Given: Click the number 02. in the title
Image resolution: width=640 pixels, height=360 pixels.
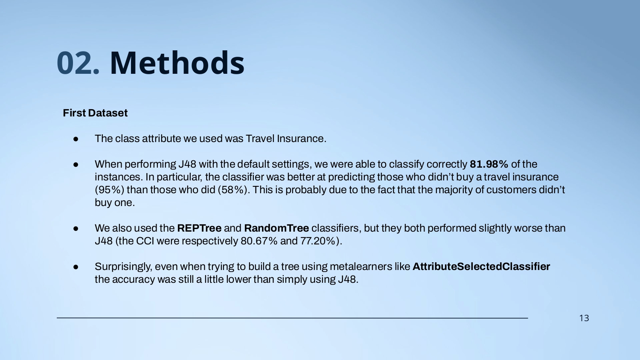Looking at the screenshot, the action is point(78,63).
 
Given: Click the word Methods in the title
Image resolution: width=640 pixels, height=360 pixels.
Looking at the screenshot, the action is point(177,63).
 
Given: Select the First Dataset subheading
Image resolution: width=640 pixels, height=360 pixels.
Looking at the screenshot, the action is point(95,113).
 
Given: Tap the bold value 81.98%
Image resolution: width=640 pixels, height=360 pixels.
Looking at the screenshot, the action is point(489,164).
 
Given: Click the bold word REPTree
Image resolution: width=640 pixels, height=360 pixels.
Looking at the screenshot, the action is point(199,228).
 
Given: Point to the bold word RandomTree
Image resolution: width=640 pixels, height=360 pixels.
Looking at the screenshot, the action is point(276,228).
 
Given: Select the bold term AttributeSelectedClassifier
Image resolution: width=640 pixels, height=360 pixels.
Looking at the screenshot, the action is point(481,267).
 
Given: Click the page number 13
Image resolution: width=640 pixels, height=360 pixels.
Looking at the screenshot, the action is point(584,318).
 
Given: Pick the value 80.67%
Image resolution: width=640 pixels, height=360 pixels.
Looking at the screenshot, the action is point(259,241).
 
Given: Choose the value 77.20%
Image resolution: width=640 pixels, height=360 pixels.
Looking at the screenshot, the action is point(318,241).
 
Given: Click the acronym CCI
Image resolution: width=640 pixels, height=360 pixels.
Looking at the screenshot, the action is point(145,241).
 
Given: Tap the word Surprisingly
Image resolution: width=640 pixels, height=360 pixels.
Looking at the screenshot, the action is point(125,267).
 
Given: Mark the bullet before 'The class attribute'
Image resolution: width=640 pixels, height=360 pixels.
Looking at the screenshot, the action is point(76,139).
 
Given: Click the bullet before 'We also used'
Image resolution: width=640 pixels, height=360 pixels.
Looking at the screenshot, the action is point(76,229).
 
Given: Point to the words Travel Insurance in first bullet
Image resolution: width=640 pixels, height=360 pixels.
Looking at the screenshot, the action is point(286,139).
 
